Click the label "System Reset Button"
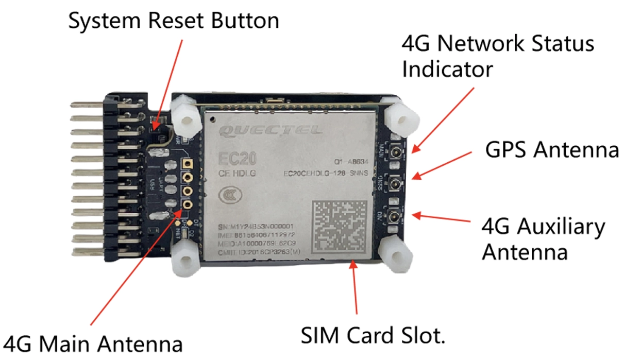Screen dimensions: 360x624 click(174, 21)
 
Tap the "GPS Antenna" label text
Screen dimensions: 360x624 click(552, 150)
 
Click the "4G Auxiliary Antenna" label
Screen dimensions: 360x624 click(543, 239)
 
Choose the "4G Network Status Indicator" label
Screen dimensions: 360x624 click(498, 56)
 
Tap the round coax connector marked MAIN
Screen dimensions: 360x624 click(396, 153)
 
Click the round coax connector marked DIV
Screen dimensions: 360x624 click(396, 216)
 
